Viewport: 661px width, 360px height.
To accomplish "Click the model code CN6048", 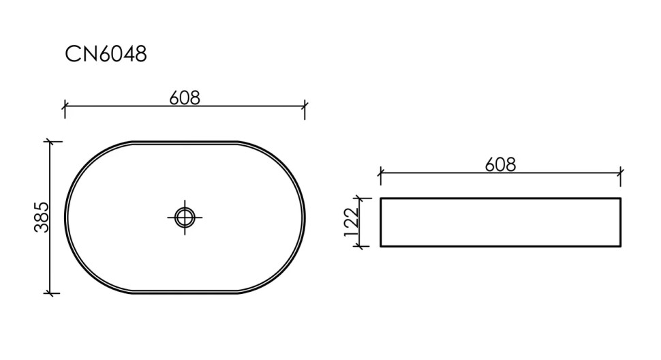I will click(106, 55).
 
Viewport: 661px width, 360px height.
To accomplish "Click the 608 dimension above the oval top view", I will click(185, 98).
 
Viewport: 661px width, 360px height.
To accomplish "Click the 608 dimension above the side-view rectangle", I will click(500, 165).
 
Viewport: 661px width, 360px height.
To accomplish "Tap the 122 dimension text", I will click(352, 222).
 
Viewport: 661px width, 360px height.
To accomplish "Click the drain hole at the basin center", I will click(185, 217).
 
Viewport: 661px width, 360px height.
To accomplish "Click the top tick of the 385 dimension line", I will click(50, 142).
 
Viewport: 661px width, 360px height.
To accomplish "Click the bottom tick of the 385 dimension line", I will click(50, 292).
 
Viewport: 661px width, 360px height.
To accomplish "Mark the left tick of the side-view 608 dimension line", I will click(380, 173).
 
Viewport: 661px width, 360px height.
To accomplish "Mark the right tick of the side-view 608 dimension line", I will click(620, 173).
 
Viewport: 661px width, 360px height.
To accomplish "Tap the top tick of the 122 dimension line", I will click(360, 198).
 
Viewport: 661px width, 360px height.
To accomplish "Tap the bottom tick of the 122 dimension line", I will click(360, 246).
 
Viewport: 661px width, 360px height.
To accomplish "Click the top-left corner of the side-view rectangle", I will click(380, 198).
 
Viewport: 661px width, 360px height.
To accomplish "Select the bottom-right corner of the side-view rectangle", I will click(620, 246).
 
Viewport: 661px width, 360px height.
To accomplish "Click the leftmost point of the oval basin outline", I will click(66, 217).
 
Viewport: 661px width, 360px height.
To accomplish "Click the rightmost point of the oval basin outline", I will click(305, 217).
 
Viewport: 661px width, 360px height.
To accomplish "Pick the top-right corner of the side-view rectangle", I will click(620, 198).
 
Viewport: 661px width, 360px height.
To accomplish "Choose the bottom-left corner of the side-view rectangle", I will click(380, 246).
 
